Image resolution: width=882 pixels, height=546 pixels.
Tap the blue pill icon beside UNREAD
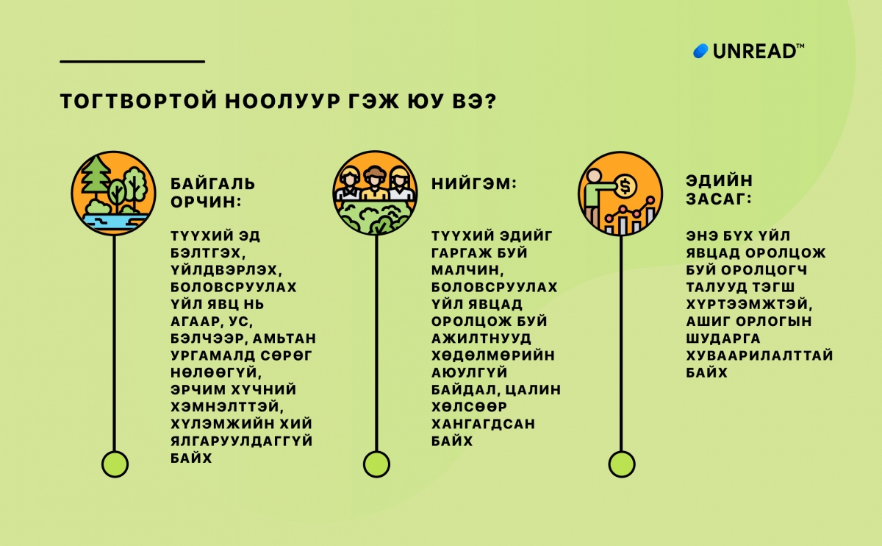click(700, 52)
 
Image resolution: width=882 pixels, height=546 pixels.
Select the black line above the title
click(132, 61)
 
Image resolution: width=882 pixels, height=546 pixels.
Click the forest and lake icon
click(113, 193)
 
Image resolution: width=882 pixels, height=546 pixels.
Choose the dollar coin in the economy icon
click(625, 187)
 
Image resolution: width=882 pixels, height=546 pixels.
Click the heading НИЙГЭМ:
click(473, 182)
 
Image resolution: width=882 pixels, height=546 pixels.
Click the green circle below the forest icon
click(114, 464)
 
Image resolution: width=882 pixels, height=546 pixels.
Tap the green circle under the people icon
click(376, 464)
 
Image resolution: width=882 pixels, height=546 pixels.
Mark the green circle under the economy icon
click(621, 464)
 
